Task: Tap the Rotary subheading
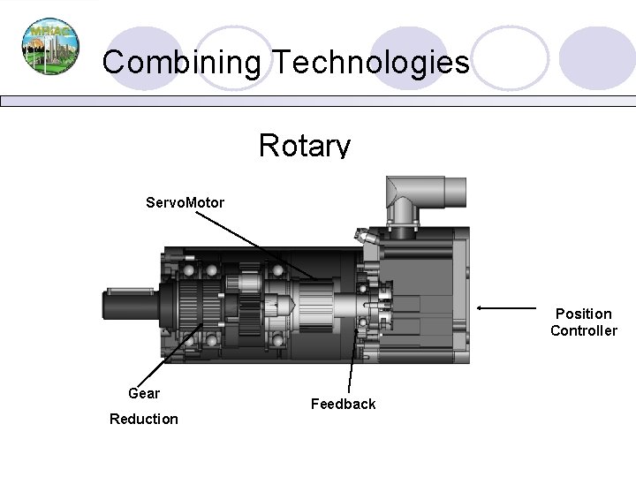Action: (305, 145)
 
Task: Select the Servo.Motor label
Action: (185, 203)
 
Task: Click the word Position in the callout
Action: (583, 314)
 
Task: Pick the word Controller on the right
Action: (583, 331)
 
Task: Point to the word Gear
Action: (144, 393)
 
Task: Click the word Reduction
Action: (144, 418)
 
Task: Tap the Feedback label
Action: (343, 404)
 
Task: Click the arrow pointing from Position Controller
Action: (512, 308)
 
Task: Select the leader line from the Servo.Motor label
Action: (265, 246)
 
